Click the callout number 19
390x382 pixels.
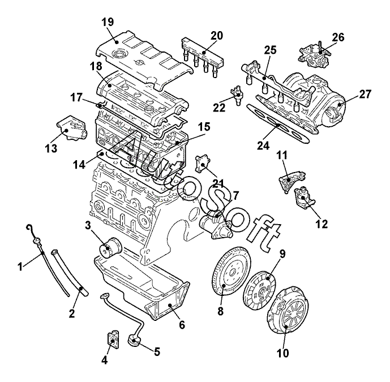point(108,22)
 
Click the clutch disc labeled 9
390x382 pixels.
point(260,290)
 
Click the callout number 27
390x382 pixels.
point(365,95)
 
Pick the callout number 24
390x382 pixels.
point(263,145)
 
